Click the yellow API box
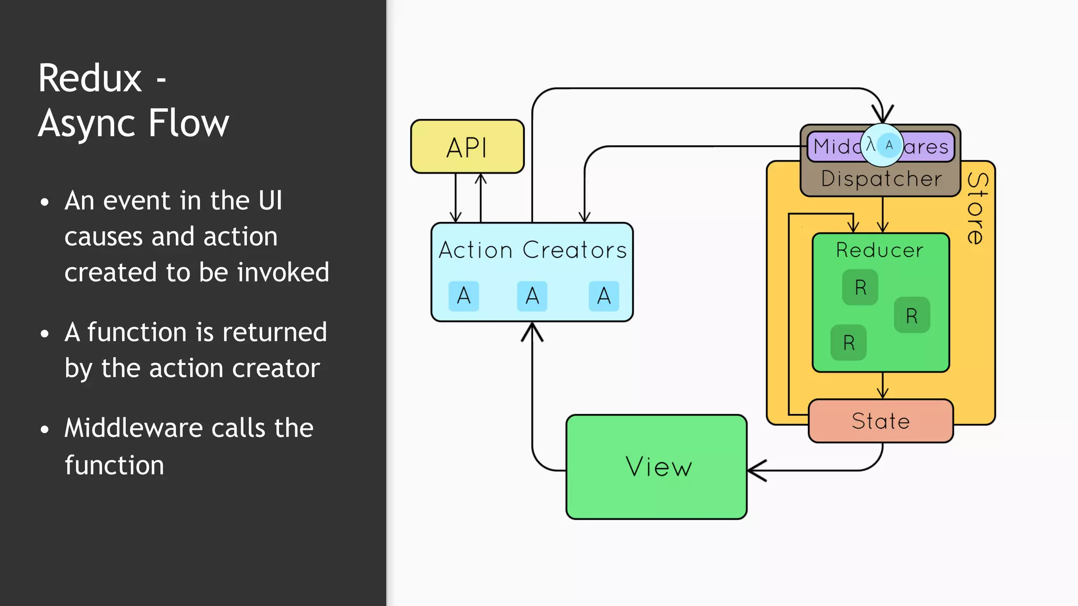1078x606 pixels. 467,147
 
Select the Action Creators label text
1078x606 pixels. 532,250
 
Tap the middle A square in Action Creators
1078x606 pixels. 532,296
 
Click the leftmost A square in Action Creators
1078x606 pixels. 463,296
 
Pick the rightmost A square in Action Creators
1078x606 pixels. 604,296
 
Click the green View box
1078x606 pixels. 656,467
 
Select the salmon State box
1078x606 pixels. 880,421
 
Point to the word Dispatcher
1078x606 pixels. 881,179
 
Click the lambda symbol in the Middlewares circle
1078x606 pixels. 871,145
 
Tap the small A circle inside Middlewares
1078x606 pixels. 889,145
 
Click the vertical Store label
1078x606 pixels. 977,208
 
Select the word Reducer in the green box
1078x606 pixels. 880,250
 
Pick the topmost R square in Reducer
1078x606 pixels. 860,287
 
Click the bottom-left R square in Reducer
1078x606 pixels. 849,342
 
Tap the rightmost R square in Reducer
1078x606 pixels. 912,315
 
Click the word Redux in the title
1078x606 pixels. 90,78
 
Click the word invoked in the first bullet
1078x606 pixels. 283,272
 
